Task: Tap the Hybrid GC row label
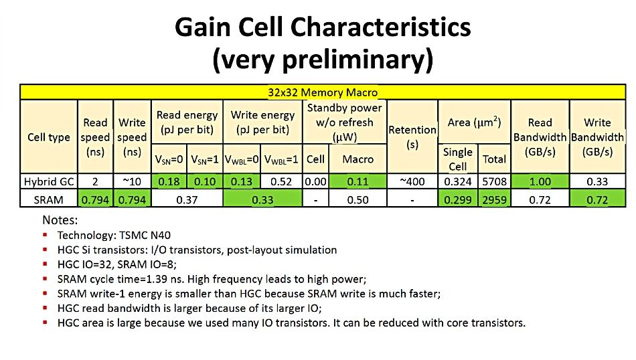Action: click(49, 181)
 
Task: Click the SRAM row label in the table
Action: click(49, 199)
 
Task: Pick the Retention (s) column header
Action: click(412, 137)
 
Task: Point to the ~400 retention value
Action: click(412, 181)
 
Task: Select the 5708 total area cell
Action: click(495, 181)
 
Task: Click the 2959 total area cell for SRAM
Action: click(495, 199)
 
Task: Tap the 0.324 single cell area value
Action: click(458, 181)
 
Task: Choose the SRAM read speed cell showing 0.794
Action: click(95, 199)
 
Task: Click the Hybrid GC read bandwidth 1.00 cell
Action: click(540, 181)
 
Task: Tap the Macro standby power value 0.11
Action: click(357, 181)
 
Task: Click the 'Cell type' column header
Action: click(49, 137)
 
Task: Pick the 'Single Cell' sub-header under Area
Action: click(458, 159)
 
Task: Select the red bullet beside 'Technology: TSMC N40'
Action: click(45, 235)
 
